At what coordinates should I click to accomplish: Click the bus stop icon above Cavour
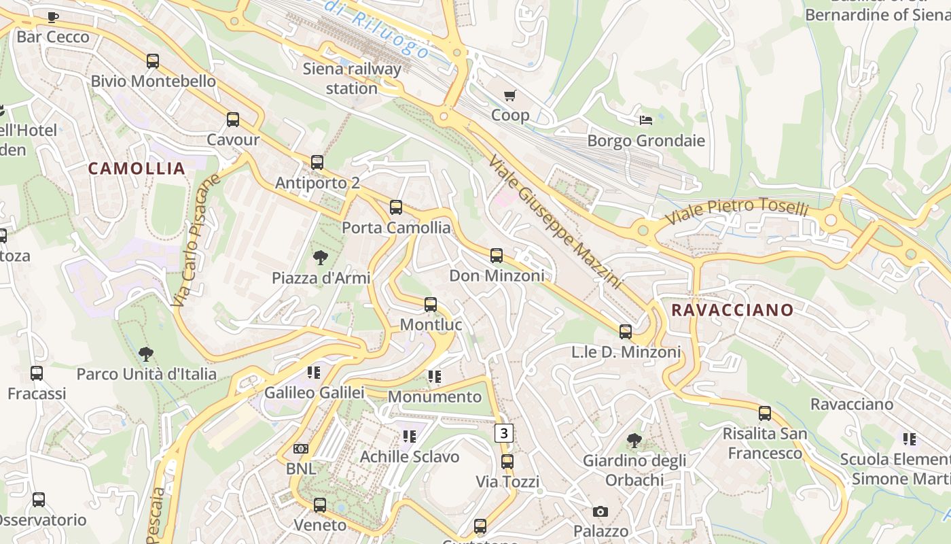tap(233, 120)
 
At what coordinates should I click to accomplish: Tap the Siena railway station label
tap(352, 78)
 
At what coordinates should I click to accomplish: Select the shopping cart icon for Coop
tap(509, 95)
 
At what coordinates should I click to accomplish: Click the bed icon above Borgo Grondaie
tap(646, 120)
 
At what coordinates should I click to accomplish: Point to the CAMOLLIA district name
tap(137, 169)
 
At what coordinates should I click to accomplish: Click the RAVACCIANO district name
tap(732, 310)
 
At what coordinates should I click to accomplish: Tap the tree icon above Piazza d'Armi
tap(320, 258)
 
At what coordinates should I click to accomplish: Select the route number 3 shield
tap(503, 432)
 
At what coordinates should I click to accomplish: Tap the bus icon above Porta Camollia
tap(396, 207)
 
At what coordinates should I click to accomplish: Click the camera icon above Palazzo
tap(600, 511)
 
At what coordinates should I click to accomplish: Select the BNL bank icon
tap(300, 449)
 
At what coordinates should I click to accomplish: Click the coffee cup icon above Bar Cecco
tap(53, 17)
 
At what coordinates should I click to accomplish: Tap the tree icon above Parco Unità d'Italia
tap(146, 354)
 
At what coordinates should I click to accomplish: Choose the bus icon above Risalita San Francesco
tap(765, 413)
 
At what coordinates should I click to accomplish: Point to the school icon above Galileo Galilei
tap(313, 372)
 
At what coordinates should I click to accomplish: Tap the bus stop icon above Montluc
tap(431, 305)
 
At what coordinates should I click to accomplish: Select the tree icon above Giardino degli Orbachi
tap(634, 441)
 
